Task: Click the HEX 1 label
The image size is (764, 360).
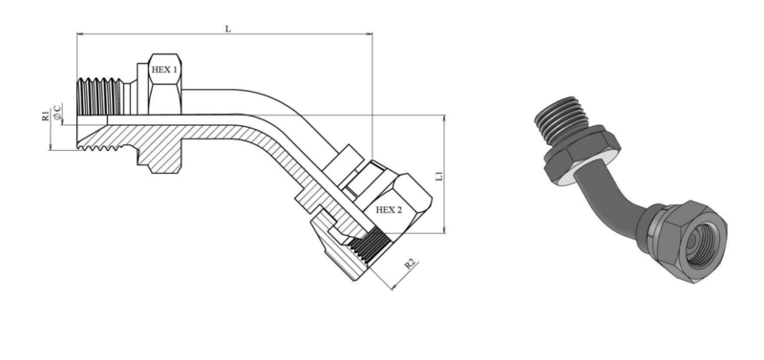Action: pyautogui.click(x=164, y=70)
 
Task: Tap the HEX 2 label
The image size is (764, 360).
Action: pyautogui.click(x=389, y=210)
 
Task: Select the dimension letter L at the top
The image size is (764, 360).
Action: pyautogui.click(x=227, y=29)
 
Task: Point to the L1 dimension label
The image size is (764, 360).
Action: pyautogui.click(x=439, y=176)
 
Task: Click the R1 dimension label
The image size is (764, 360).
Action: pyautogui.click(x=45, y=116)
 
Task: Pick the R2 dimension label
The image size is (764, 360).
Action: pyautogui.click(x=411, y=265)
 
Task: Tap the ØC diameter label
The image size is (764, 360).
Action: pyautogui.click(x=57, y=112)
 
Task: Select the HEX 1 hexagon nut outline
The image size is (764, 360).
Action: pyautogui.click(x=164, y=84)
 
